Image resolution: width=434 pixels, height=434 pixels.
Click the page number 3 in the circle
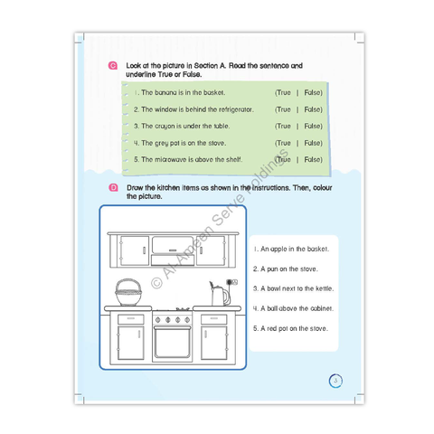point(334,381)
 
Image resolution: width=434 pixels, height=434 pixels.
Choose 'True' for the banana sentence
point(283,92)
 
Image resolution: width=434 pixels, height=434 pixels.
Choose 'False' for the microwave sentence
point(313,159)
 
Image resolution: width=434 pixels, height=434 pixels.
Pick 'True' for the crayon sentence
point(283,126)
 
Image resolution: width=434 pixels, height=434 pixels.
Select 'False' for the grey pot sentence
point(313,143)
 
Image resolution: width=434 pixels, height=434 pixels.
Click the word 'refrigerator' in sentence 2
point(232,109)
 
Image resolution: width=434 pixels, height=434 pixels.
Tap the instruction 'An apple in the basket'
point(291,249)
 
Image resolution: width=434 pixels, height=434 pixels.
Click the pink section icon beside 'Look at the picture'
point(113,67)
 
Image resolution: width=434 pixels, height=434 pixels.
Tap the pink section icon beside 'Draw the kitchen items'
point(113,187)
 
